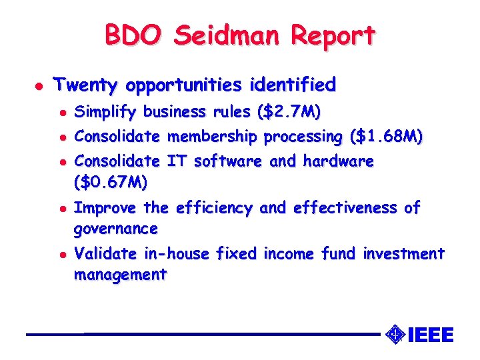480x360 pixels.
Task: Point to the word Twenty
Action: (x=86, y=85)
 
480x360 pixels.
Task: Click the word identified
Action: (x=293, y=85)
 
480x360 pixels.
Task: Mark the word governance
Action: (x=115, y=229)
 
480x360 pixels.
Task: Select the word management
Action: (x=120, y=275)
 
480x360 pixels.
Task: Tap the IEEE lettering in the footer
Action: (x=430, y=335)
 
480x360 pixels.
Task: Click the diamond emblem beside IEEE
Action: (x=395, y=333)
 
